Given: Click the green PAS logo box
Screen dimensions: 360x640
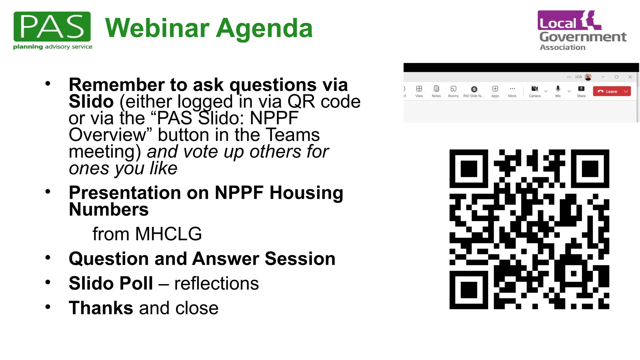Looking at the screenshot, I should (52, 27).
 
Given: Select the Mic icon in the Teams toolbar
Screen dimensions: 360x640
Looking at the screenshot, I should (558, 89).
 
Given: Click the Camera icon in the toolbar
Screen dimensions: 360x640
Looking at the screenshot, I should (534, 89).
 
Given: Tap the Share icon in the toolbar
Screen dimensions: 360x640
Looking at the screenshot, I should (581, 89).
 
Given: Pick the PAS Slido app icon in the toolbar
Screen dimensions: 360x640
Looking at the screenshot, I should (474, 89).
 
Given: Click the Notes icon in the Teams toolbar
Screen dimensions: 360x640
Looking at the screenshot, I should (436, 89).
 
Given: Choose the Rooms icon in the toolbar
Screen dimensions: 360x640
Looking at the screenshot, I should (453, 89).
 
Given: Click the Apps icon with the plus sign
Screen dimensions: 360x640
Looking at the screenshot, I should (495, 89).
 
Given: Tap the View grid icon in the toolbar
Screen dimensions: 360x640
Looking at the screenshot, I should (419, 89).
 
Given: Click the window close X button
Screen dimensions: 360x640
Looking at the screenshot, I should (630, 77).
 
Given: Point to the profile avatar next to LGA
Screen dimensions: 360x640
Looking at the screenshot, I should (588, 77).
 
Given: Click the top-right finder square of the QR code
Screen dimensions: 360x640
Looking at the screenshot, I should (590, 169).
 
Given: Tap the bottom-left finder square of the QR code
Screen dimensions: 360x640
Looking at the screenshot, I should (469, 290).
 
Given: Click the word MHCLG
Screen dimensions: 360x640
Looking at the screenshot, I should (168, 234).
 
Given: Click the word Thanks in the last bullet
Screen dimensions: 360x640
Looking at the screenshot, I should (101, 308).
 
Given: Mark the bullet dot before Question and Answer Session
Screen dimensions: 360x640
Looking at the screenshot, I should (48, 258).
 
